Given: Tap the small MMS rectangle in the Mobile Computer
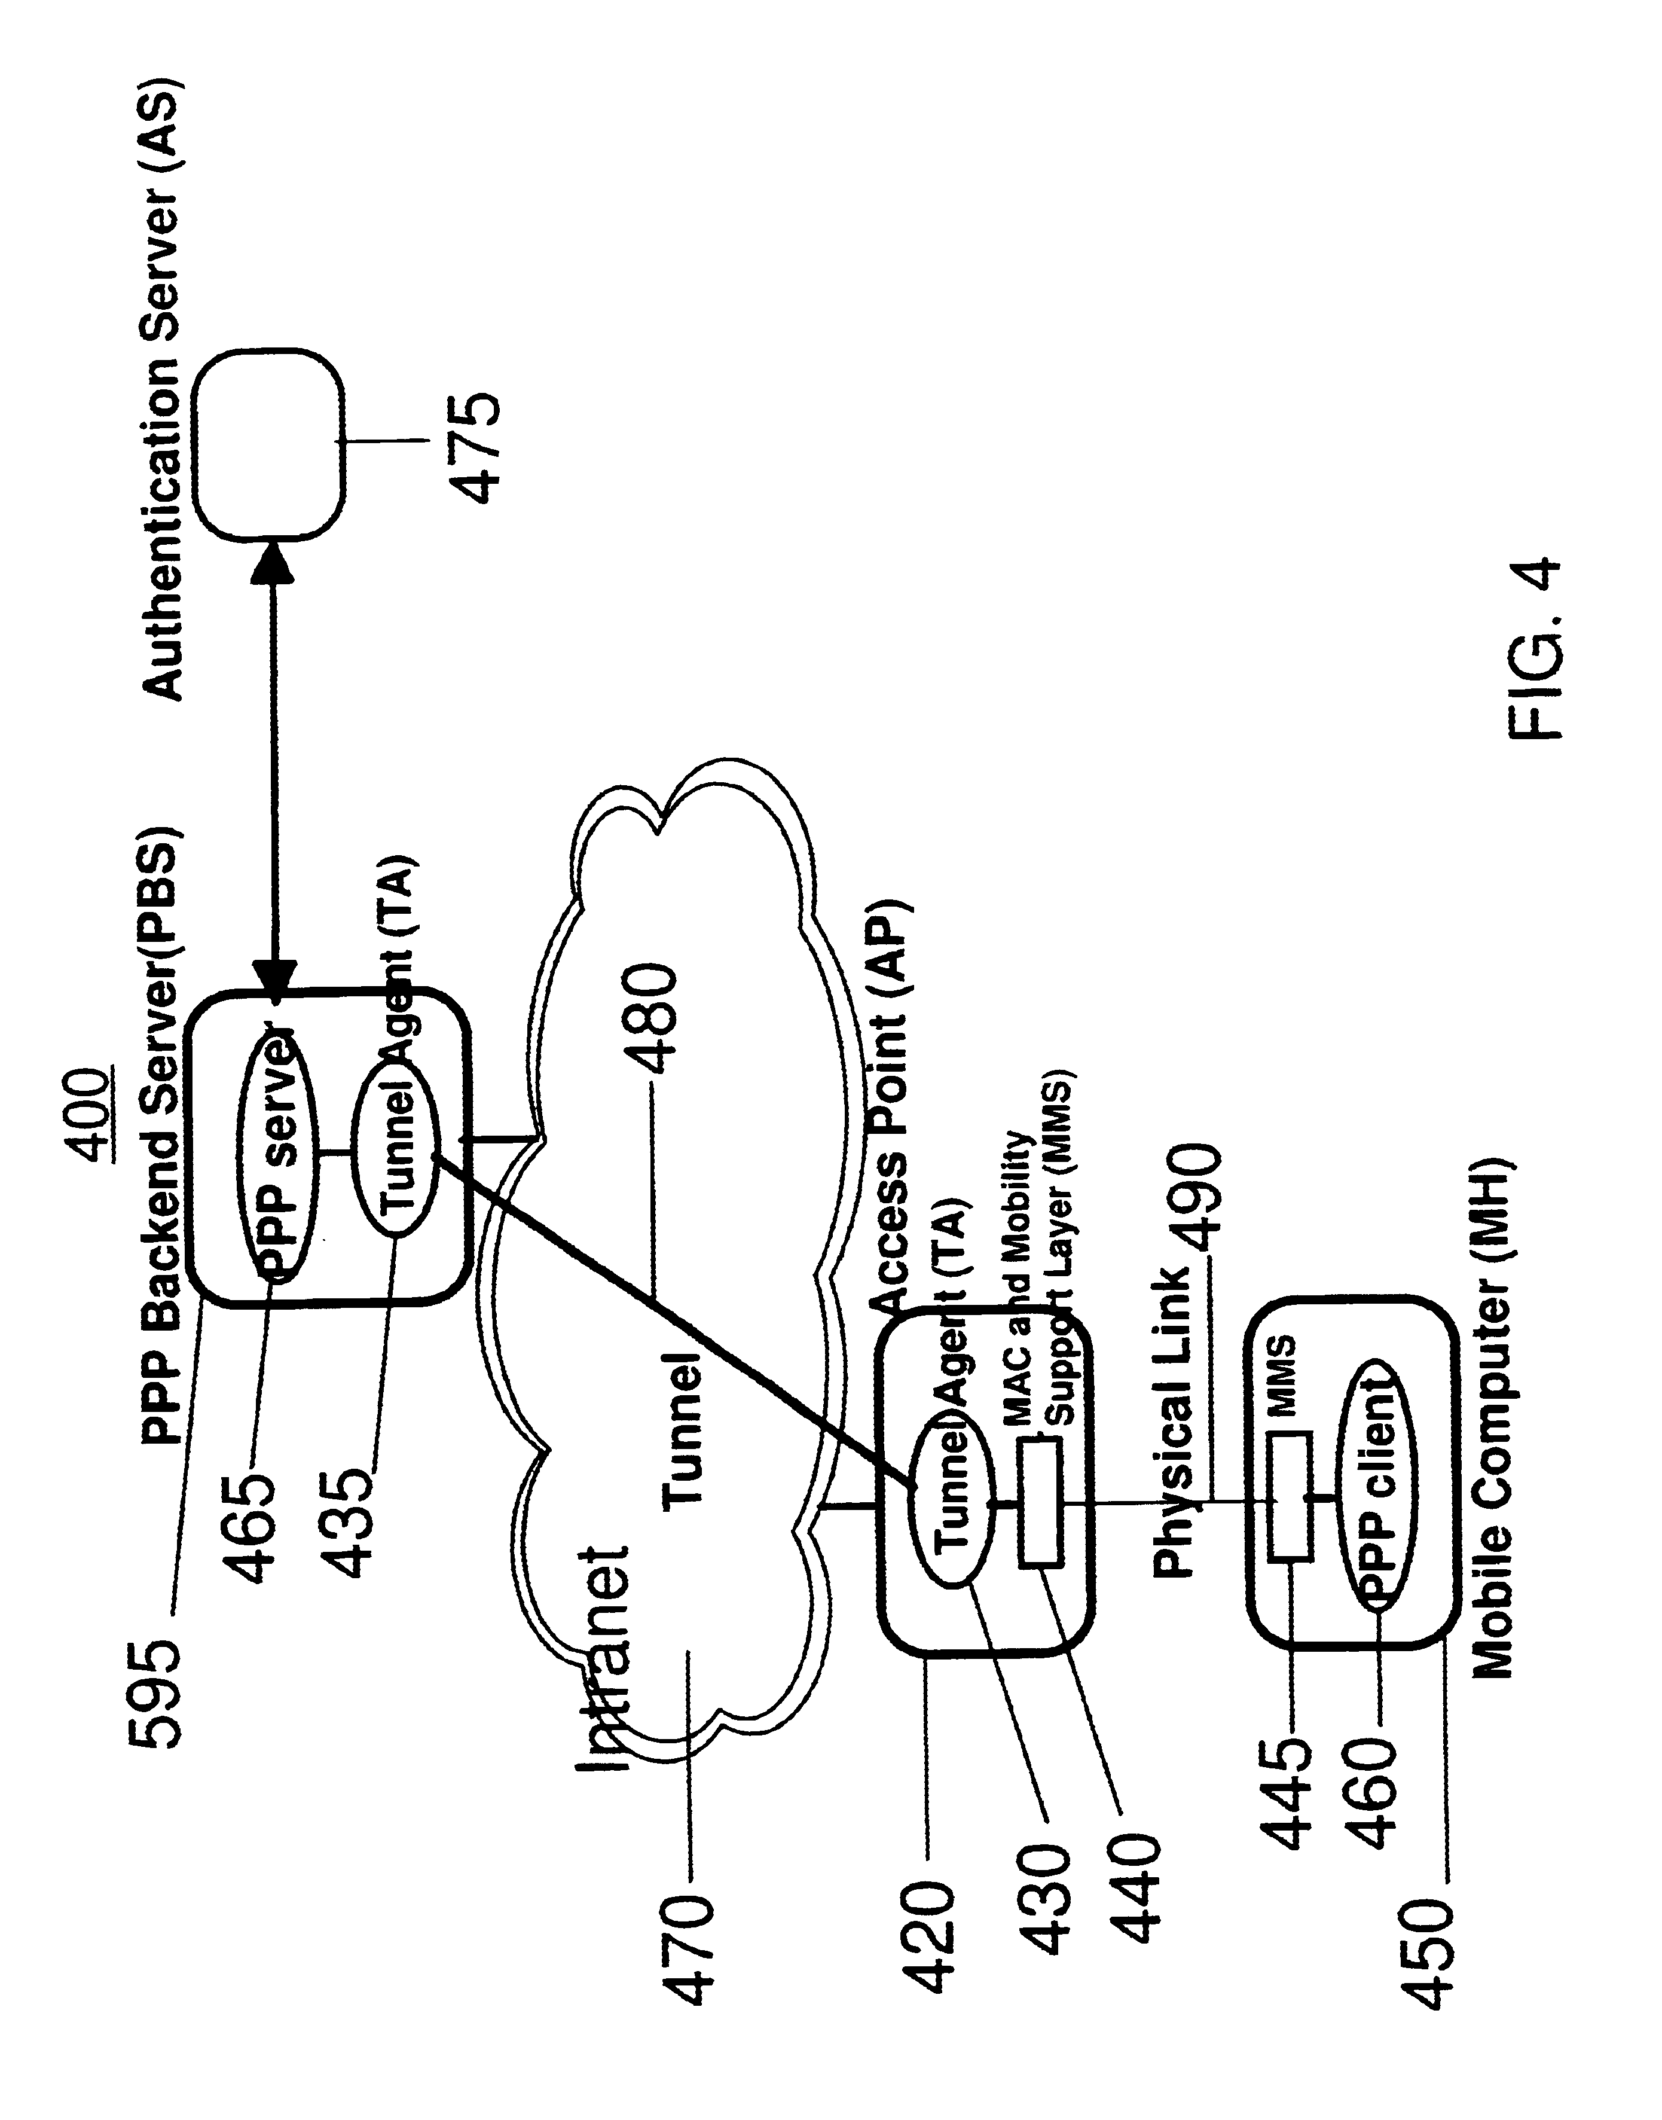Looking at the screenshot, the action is pos(1290,1495).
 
